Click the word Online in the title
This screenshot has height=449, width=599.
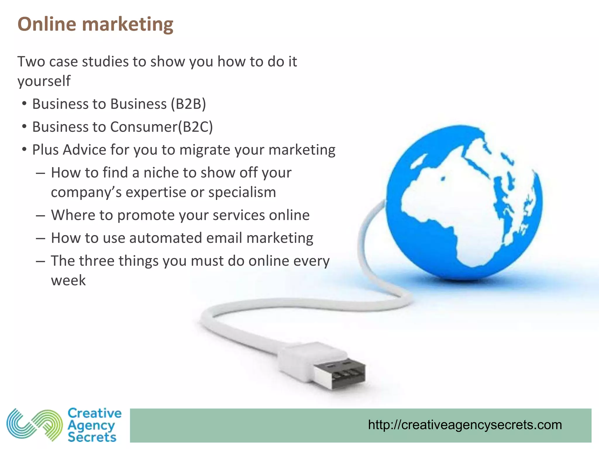[x=47, y=24]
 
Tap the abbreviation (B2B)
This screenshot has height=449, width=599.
[x=189, y=104]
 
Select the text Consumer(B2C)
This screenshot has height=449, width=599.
[x=161, y=127]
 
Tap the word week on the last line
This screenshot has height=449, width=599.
[x=68, y=281]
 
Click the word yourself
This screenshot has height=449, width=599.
[x=44, y=81]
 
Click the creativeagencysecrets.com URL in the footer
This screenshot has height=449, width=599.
[x=465, y=425]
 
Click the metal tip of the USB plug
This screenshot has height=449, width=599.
[x=342, y=375]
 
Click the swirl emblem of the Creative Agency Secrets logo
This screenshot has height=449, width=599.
[x=35, y=425]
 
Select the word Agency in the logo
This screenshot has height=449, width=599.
[x=91, y=426]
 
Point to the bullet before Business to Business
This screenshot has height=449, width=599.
[x=25, y=104]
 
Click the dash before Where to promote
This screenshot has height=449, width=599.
[x=40, y=216]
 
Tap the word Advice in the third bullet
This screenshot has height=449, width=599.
[x=84, y=150]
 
